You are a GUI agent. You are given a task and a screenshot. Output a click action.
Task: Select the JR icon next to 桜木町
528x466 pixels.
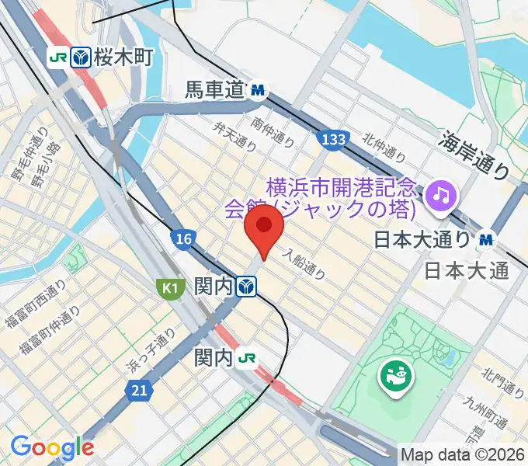(57, 57)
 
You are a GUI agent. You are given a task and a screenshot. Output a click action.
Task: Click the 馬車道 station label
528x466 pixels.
(214, 91)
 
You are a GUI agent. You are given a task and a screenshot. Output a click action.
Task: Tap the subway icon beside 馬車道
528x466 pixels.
(258, 92)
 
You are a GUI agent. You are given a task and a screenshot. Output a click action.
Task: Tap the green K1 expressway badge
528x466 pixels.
(168, 288)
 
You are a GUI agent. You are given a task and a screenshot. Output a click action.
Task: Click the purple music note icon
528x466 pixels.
(443, 191)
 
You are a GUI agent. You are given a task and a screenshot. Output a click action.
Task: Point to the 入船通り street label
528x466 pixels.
(304, 264)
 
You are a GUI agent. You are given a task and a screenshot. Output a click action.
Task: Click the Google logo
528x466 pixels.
(52, 447)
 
